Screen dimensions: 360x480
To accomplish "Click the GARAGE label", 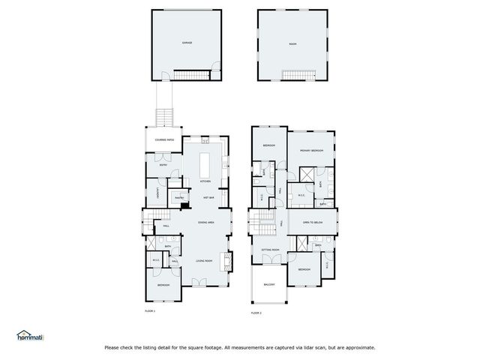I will click(x=187, y=43).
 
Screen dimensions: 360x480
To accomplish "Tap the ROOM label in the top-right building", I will click(x=293, y=43).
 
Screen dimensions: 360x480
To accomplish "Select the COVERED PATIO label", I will click(x=165, y=139).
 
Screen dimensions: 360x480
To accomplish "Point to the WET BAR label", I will click(x=209, y=197).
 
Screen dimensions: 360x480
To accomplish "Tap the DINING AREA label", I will click(x=208, y=223).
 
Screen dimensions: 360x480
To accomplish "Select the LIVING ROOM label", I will click(x=205, y=260).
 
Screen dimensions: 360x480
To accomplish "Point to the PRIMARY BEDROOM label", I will click(x=312, y=151).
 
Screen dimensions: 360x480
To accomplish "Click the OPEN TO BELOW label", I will click(x=313, y=223).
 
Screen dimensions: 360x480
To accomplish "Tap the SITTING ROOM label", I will click(x=271, y=249).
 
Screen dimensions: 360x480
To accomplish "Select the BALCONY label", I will click(x=269, y=284).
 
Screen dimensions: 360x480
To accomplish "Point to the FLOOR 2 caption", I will click(x=256, y=312).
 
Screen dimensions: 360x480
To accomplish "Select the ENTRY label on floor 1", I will click(x=163, y=164).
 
